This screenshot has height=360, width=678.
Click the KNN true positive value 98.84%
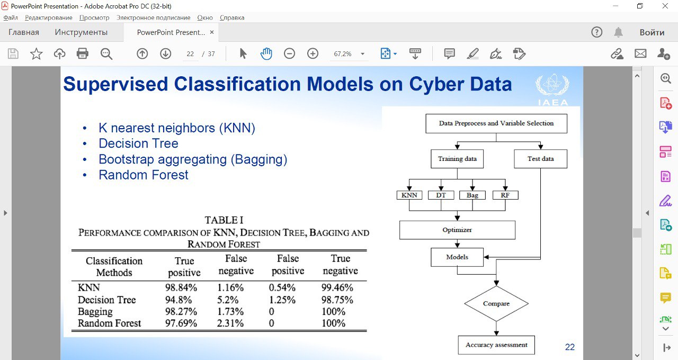click(x=181, y=288)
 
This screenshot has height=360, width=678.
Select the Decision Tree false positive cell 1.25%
click(x=282, y=300)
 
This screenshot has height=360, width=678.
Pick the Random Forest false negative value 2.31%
click(x=230, y=323)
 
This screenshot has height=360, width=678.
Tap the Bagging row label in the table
click(x=95, y=311)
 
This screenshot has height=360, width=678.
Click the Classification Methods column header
click(x=114, y=267)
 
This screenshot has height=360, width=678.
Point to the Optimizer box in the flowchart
click(x=457, y=230)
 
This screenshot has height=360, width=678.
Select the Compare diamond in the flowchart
click(x=496, y=304)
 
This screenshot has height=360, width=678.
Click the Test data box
click(x=540, y=159)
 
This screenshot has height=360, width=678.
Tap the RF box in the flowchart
click(x=505, y=195)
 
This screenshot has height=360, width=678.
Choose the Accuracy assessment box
click(x=496, y=345)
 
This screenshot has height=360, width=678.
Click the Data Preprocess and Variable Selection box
click(x=496, y=123)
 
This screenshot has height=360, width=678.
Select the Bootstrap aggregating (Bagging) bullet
click(x=193, y=159)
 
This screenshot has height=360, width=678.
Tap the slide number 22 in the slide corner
click(x=570, y=347)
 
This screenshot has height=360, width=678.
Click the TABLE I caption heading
click(x=224, y=220)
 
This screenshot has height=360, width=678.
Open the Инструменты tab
click(x=81, y=32)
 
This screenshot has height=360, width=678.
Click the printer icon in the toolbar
click(x=82, y=53)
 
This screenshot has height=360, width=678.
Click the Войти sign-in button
click(x=652, y=32)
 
